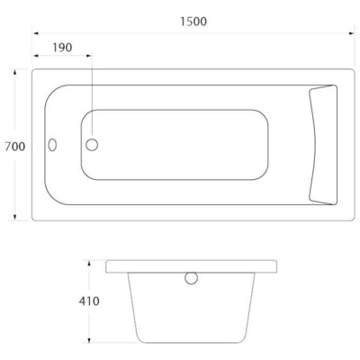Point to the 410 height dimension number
click(88, 301)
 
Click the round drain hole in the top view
click(93, 144)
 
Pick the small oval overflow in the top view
click(53, 144)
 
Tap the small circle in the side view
click(191, 278)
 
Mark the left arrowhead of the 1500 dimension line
click(37, 34)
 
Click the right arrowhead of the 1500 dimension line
click(350, 34)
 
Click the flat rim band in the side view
click(144, 266)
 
